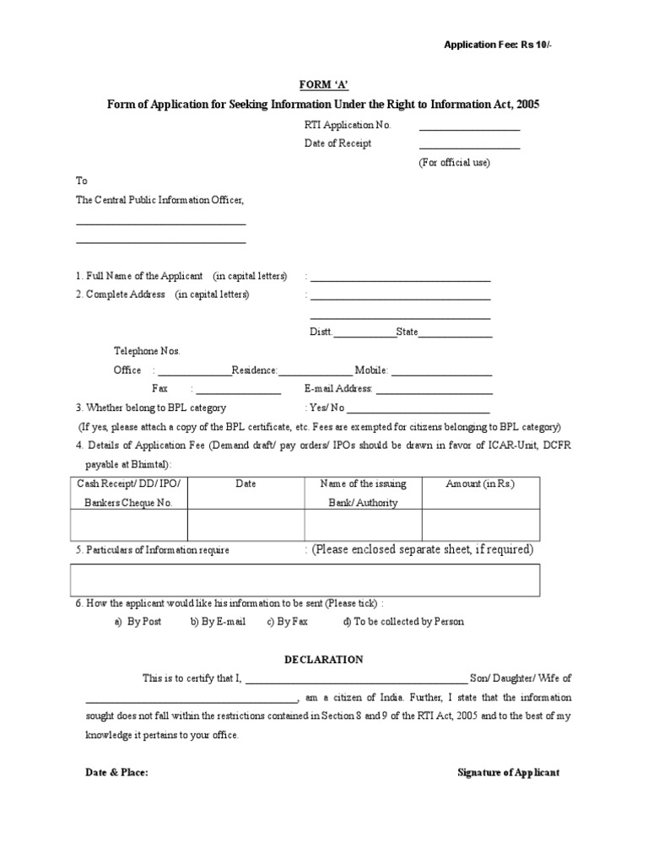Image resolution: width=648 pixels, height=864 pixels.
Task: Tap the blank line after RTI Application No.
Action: coord(469,128)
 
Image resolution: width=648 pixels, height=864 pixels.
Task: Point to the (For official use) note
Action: coord(454,163)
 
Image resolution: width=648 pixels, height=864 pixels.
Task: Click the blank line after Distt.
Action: coord(364,335)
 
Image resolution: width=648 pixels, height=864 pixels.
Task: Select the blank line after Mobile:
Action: coord(441,373)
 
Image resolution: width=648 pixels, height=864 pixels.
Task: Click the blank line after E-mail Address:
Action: coord(434,391)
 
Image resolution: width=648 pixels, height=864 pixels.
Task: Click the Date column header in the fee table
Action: coord(246,484)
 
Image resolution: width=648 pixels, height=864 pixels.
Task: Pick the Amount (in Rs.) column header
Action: coord(480,484)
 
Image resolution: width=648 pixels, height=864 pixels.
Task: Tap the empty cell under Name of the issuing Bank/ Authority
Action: coord(363,524)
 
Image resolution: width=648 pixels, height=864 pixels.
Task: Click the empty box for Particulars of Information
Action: coord(305,580)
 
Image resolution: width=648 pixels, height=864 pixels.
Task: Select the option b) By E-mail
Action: coord(218,622)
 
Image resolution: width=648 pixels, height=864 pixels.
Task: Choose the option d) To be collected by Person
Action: coord(402,622)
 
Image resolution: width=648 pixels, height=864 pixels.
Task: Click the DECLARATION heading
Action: coord(323,660)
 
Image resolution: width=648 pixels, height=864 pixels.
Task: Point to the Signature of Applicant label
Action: coord(508,773)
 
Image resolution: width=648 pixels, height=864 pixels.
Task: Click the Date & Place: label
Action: coord(117,773)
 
